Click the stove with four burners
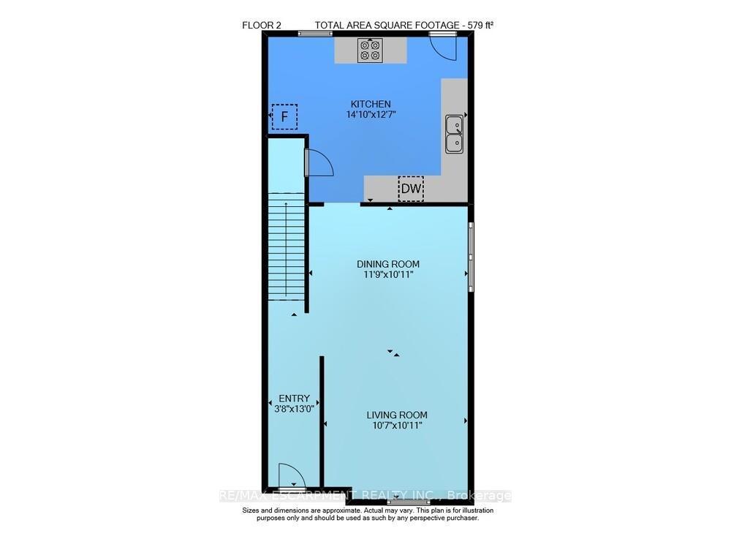point(370,50)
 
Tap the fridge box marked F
point(284,116)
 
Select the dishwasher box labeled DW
point(411,189)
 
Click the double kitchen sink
point(454,135)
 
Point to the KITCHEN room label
point(371,104)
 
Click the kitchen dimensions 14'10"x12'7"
point(371,115)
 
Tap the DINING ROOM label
point(388,264)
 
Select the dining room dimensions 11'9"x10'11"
point(388,275)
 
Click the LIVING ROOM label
point(397,415)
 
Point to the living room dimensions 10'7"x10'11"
point(397,425)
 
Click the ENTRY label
point(294,399)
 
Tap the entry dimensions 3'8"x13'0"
point(294,409)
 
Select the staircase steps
point(287,247)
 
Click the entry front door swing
point(292,476)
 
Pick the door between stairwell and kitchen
point(319,162)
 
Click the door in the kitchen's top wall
point(443,47)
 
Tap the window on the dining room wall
point(471,257)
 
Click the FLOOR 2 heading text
point(262,25)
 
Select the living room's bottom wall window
point(409,502)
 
